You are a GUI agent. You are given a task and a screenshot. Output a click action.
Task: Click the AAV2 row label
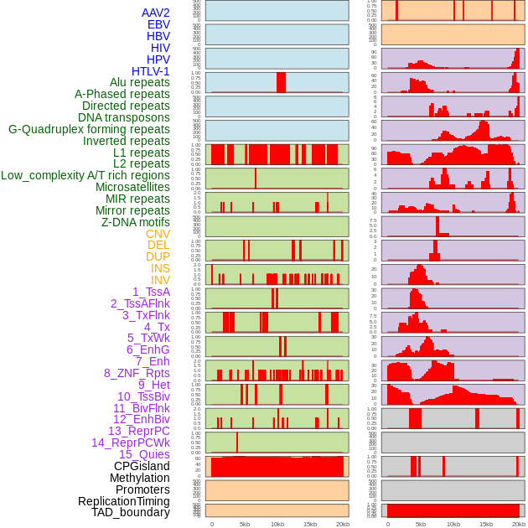click(x=155, y=13)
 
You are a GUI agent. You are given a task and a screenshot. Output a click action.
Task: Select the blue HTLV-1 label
click(x=150, y=71)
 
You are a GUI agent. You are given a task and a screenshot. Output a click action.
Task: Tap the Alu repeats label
click(x=139, y=83)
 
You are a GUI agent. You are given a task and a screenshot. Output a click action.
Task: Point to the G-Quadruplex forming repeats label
click(x=89, y=129)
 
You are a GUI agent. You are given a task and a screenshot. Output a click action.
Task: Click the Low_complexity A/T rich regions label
click(x=85, y=175)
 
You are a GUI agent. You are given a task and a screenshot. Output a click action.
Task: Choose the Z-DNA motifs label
click(x=135, y=222)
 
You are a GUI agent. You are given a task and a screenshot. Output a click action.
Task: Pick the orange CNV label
click(x=158, y=234)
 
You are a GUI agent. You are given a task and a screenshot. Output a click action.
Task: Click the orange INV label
click(x=160, y=280)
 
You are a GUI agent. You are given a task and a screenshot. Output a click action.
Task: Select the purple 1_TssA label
click(x=151, y=292)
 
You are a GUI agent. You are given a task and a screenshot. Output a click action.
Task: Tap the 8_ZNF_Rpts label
click(x=137, y=373)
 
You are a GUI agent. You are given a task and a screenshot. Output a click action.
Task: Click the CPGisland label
click(x=142, y=466)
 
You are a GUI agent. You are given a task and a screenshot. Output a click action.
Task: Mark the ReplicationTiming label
click(x=123, y=501)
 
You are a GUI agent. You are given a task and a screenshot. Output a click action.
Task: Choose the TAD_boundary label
click(x=130, y=512)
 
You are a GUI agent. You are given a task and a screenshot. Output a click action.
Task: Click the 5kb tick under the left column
click(x=245, y=524)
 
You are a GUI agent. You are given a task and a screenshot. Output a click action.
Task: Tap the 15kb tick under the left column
click(x=310, y=524)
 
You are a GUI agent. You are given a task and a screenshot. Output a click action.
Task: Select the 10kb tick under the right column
click(x=453, y=524)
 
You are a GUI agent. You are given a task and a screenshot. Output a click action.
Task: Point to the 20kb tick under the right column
click(x=519, y=524)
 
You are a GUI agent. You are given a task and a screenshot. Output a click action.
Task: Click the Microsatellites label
click(x=132, y=187)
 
